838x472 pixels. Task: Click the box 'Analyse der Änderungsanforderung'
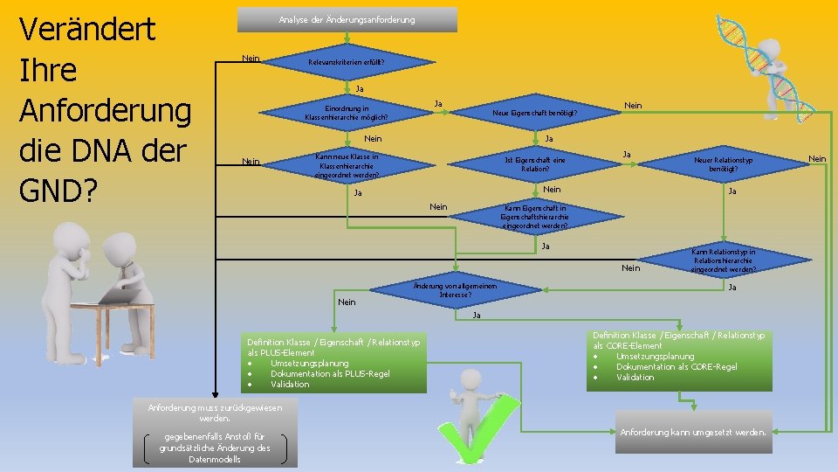pyautogui.click(x=347, y=19)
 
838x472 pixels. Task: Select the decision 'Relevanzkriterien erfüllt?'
pyautogui.click(x=346, y=63)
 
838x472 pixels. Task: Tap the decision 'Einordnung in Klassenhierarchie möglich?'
pyautogui.click(x=347, y=112)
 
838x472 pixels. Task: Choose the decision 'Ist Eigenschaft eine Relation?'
pyautogui.click(x=534, y=164)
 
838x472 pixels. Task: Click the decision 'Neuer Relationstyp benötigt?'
pyautogui.click(x=723, y=164)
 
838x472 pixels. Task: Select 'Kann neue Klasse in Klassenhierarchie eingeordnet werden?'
pyautogui.click(x=348, y=164)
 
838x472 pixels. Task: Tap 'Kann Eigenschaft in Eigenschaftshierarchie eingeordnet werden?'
pyautogui.click(x=534, y=217)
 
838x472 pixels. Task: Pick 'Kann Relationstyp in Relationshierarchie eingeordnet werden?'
pyautogui.click(x=724, y=260)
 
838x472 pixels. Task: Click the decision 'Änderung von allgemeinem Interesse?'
pyautogui.click(x=453, y=290)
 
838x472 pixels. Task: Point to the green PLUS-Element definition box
pyautogui.click(x=333, y=363)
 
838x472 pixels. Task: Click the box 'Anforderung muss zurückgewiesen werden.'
pyautogui.click(x=213, y=413)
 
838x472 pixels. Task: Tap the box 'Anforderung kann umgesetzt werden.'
pyautogui.click(x=694, y=432)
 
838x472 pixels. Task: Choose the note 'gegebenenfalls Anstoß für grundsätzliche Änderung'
pyautogui.click(x=215, y=448)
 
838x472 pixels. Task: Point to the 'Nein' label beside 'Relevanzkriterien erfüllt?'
pyautogui.click(x=251, y=59)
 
